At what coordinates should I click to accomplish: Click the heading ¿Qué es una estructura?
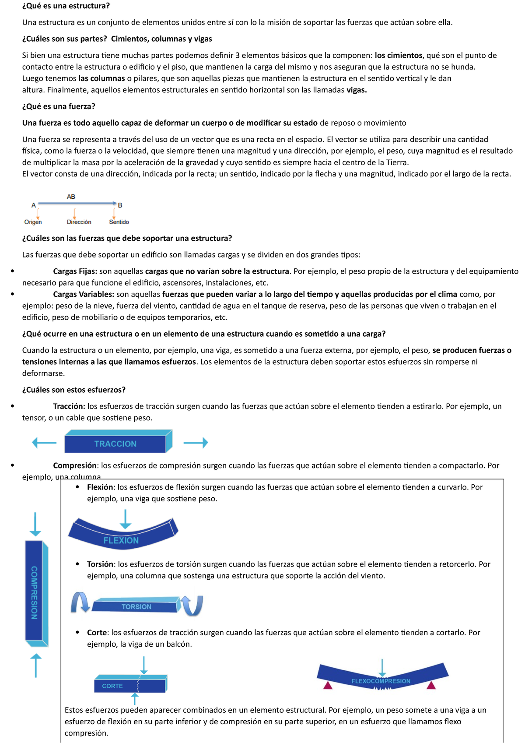[66, 6]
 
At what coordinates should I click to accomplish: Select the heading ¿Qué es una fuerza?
[59, 106]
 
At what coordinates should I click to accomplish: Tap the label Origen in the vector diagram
[33, 222]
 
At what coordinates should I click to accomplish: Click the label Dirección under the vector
[79, 222]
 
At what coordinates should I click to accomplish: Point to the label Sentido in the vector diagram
[119, 222]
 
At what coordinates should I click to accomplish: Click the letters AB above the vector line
[71, 197]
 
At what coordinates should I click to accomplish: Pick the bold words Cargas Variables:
[84, 294]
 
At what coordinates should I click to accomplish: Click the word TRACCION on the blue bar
[115, 444]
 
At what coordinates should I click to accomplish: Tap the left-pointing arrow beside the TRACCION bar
[44, 443]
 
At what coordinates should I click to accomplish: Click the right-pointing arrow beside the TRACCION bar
[196, 443]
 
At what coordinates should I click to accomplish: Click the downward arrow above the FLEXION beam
[126, 519]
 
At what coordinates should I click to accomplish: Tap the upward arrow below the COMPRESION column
[35, 666]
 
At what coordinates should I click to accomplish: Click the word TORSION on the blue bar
[136, 607]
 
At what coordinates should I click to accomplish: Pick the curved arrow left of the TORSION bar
[80, 602]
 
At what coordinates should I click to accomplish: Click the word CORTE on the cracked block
[112, 686]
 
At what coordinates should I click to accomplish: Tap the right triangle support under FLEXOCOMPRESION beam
[431, 685]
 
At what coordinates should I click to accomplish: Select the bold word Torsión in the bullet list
[100, 564]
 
